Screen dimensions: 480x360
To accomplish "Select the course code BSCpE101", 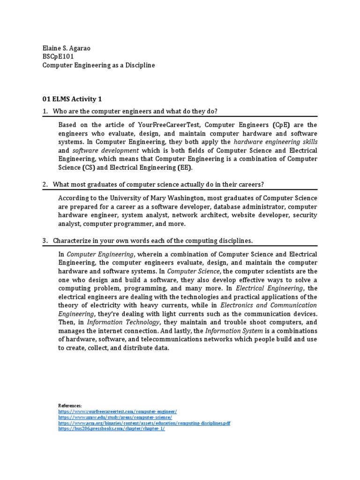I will pos(58,57).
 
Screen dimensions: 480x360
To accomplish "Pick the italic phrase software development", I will pos(105,150).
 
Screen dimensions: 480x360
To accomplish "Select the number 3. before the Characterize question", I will pos(45,240).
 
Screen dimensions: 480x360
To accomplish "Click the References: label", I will pos(70,405).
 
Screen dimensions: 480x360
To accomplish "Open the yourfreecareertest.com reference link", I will pos(118,411).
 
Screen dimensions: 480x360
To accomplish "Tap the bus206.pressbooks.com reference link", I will pos(112,428).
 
